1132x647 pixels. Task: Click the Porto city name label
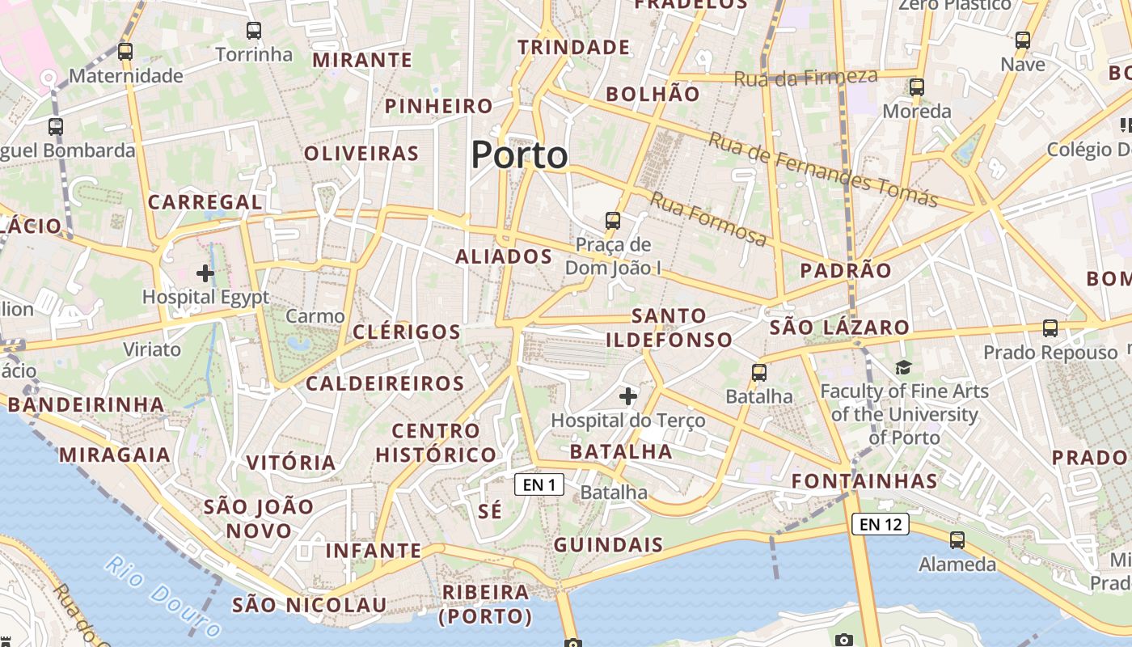pos(519,154)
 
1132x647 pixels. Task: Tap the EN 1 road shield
pos(539,484)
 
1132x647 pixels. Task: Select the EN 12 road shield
pos(880,524)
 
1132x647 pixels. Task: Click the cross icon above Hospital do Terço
pos(627,396)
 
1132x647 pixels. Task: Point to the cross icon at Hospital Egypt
pos(205,273)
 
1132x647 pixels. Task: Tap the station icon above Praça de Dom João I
pos(613,220)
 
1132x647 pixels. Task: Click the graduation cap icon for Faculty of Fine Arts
pos(903,367)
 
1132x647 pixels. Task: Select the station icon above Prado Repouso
pos(1050,328)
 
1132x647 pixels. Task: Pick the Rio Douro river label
pos(163,596)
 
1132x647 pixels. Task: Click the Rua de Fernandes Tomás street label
pos(822,169)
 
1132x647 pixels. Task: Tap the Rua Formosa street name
pos(708,218)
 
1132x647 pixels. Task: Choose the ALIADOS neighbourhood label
pos(503,257)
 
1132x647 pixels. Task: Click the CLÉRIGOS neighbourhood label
pos(407,332)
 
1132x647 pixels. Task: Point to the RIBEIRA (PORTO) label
pos(485,604)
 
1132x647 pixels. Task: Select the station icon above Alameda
pos(957,539)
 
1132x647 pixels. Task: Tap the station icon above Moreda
pos(916,87)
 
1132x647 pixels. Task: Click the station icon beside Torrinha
pos(254,31)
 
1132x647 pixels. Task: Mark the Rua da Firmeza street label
pos(805,78)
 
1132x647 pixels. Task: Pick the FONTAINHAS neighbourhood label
pos(864,481)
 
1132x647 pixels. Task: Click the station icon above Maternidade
pos(125,52)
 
